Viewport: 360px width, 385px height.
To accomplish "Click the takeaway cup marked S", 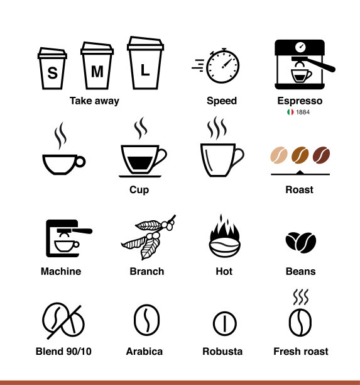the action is pyautogui.click(x=52, y=69).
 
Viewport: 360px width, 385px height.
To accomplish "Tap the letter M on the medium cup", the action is pyautogui.click(x=97, y=72).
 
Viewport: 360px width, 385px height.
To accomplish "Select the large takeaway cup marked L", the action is pyautogui.click(x=145, y=63).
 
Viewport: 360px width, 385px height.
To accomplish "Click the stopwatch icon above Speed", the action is pyautogui.click(x=222, y=66).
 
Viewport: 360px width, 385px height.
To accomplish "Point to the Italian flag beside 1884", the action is pyautogui.click(x=290, y=112).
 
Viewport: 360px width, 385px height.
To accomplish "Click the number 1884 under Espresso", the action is pyautogui.click(x=303, y=112).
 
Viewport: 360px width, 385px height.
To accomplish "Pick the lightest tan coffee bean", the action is pyautogui.click(x=279, y=155).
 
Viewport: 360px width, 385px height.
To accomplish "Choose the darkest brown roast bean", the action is pyautogui.click(x=321, y=155).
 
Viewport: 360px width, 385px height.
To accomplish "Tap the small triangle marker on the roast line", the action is pyautogui.click(x=300, y=172).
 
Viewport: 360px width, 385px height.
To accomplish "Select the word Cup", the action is pyautogui.click(x=139, y=190).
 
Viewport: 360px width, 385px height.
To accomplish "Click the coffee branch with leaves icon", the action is pyautogui.click(x=148, y=237).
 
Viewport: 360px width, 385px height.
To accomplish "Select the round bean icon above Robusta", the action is pyautogui.click(x=225, y=323).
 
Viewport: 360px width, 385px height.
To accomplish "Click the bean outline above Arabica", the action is pyautogui.click(x=146, y=320).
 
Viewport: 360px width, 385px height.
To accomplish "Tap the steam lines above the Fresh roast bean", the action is pyautogui.click(x=301, y=297).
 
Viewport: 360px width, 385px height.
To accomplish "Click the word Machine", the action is pyautogui.click(x=61, y=271).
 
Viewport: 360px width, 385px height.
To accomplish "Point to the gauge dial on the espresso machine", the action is pyautogui.click(x=300, y=47).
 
